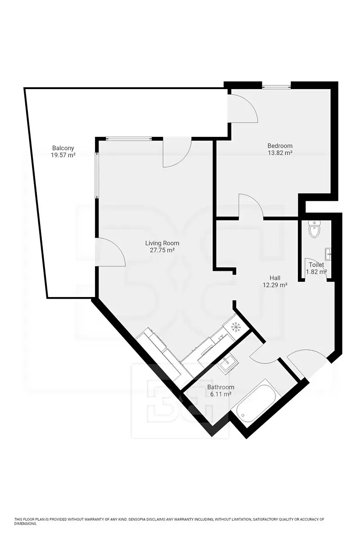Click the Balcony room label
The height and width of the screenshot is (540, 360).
tap(63, 148)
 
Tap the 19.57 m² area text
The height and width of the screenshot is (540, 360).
tap(63, 155)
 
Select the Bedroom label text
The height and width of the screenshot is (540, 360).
tap(280, 146)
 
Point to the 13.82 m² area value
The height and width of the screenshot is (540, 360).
tap(280, 153)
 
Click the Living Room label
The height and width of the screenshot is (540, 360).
tap(162, 243)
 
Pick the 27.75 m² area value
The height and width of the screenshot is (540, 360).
tap(162, 250)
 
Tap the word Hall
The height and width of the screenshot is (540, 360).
tap(275, 278)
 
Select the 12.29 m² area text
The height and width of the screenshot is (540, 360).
tap(275, 285)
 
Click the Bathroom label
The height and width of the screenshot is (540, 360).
tap(220, 387)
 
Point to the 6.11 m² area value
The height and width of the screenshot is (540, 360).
tap(221, 394)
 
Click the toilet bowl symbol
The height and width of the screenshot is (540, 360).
tap(314, 229)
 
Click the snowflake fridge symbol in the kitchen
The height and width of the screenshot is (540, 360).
tap(236, 327)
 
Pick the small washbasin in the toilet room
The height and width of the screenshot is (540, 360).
tap(328, 254)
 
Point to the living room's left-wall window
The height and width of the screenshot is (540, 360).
tap(97, 175)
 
